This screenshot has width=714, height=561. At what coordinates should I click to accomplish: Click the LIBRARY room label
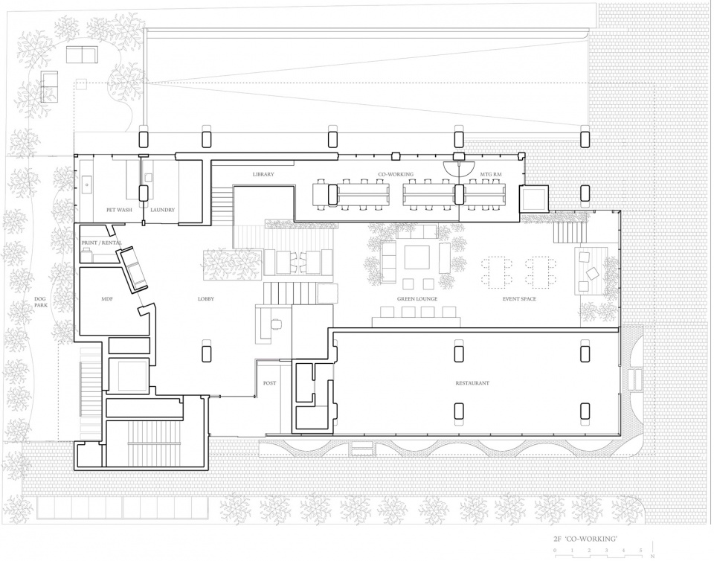click(263, 175)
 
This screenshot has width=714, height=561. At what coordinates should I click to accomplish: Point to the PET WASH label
click(119, 210)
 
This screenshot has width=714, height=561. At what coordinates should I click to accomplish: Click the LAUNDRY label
click(162, 210)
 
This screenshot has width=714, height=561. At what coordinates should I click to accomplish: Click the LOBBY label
click(206, 299)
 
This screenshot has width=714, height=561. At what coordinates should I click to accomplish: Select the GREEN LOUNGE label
click(417, 299)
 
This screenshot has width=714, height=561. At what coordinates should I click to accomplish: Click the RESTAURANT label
click(472, 383)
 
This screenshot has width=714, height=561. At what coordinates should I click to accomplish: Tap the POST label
click(270, 383)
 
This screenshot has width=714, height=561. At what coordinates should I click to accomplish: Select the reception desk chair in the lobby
click(276, 324)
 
